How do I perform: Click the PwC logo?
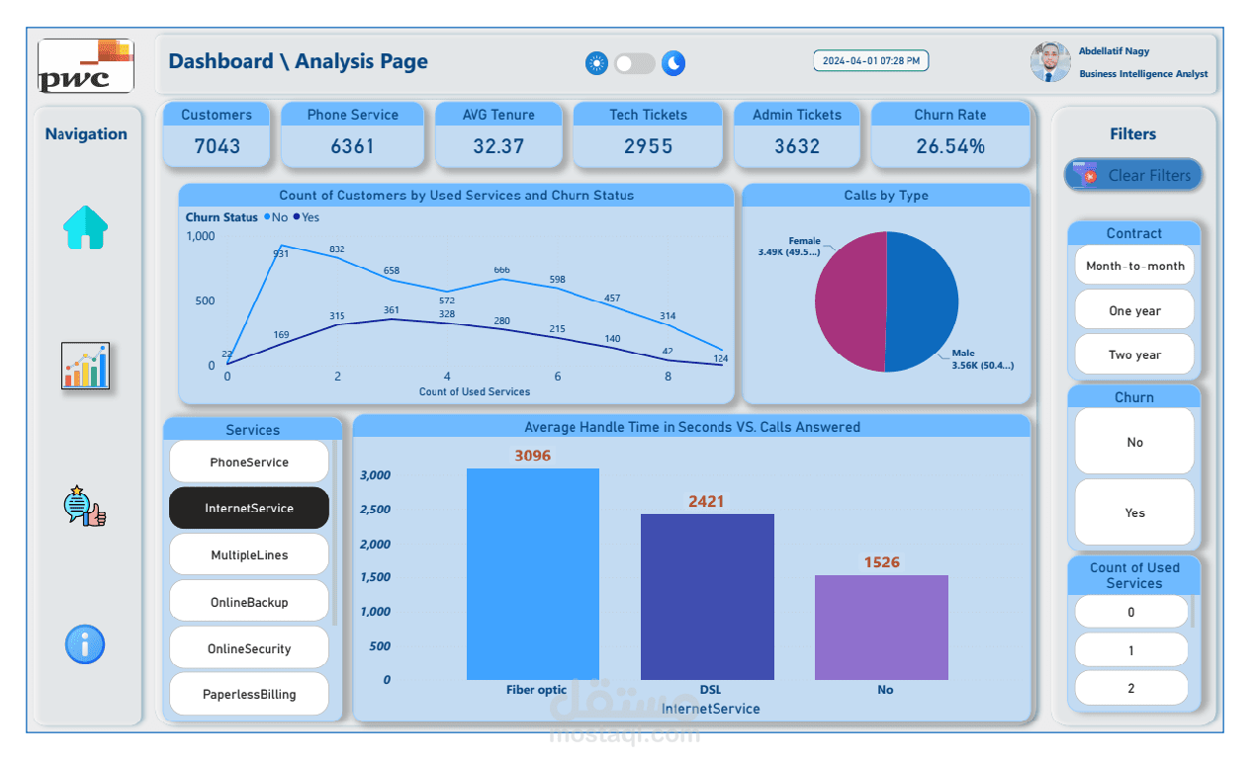point(86,66)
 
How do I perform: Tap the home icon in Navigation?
point(86,227)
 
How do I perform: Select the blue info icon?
point(85,644)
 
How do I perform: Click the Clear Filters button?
point(1133,175)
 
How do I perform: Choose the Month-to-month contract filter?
point(1134,265)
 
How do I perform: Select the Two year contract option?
point(1134,355)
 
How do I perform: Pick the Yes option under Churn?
point(1134,512)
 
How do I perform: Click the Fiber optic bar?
point(533,573)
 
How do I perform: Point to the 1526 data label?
point(881,562)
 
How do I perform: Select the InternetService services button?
point(249,508)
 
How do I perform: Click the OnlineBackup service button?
point(249,601)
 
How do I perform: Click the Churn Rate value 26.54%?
point(949,146)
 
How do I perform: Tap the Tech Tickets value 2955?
point(648,146)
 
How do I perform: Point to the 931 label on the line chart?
point(281,254)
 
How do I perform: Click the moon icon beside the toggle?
point(673,63)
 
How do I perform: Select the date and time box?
point(870,61)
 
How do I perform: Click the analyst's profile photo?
point(1049,61)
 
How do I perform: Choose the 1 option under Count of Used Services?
point(1131,650)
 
